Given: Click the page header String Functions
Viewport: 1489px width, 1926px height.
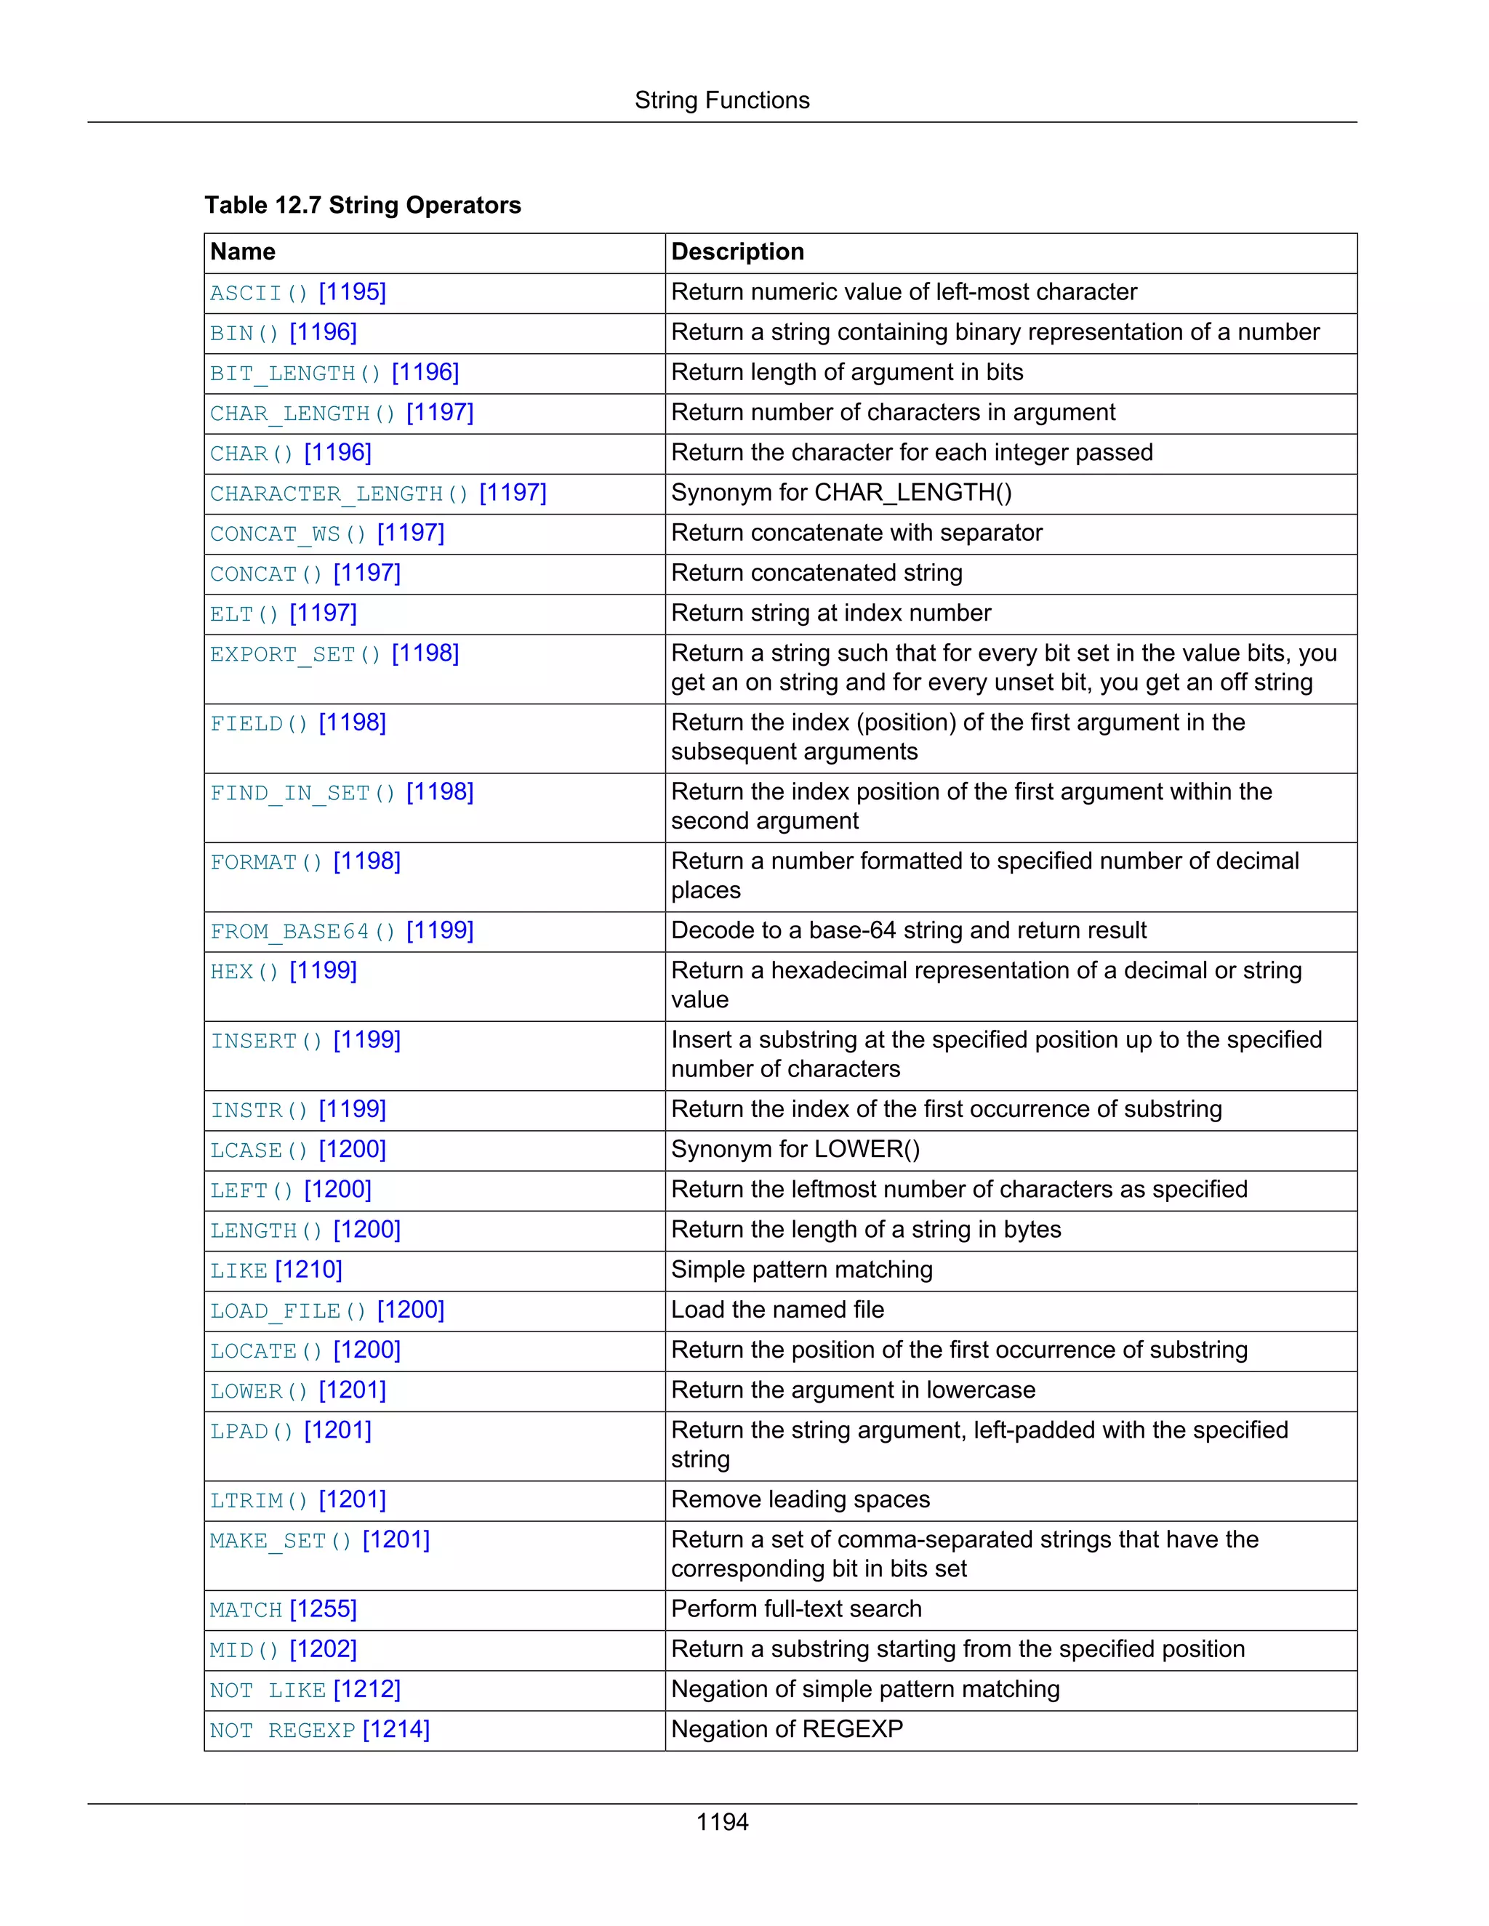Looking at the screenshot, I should tap(721, 100).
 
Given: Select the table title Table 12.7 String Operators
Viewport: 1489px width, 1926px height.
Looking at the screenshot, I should tap(363, 206).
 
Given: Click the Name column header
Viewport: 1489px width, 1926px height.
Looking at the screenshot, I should tap(243, 252).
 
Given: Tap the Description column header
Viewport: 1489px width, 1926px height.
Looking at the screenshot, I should tap(737, 252).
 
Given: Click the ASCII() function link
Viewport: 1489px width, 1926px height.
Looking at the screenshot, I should tap(258, 293).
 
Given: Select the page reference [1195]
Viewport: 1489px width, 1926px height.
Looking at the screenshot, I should tap(352, 292).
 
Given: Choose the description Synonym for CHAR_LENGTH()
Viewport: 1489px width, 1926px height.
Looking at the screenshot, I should tap(840, 493).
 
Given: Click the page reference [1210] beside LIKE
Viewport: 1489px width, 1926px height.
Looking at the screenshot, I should tap(309, 1270).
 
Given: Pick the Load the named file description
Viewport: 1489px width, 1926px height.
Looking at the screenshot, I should tap(777, 1310).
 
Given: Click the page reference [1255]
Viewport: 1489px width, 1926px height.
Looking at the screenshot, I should tap(323, 1609).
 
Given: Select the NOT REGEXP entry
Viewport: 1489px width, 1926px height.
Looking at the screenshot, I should tap(282, 1730).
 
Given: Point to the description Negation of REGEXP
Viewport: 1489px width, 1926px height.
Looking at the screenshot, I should tap(787, 1729).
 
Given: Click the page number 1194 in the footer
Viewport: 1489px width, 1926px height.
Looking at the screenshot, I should tap(721, 1823).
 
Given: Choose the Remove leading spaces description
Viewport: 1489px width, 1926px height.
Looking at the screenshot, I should tap(800, 1500).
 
